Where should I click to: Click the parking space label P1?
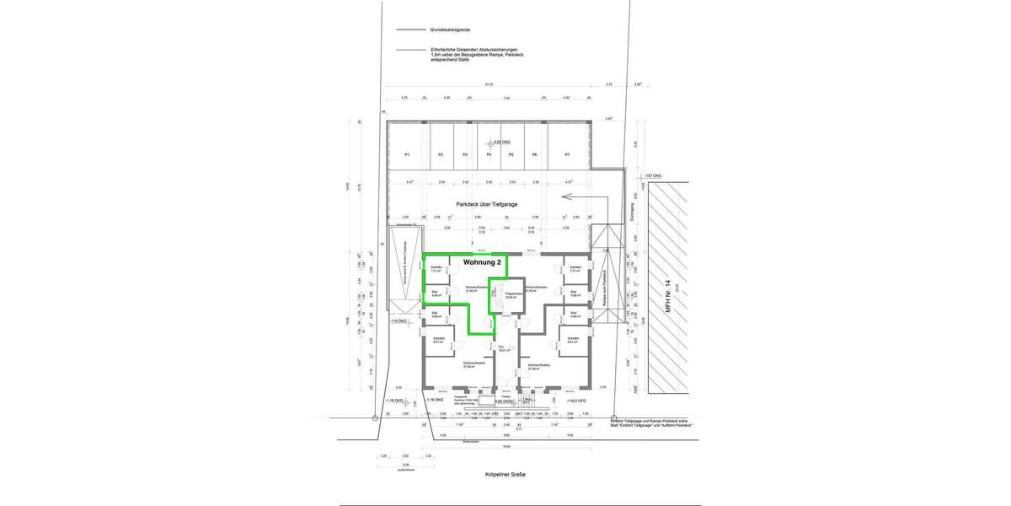pos(406,155)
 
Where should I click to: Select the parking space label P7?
pos(567,155)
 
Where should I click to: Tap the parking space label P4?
pos(489,155)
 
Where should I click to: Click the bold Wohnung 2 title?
pos(483,262)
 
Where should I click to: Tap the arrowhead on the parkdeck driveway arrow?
pos(564,198)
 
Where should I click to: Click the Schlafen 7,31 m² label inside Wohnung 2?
pos(436,270)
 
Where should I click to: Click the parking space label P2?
pos(440,155)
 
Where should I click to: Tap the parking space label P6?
pos(533,155)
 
